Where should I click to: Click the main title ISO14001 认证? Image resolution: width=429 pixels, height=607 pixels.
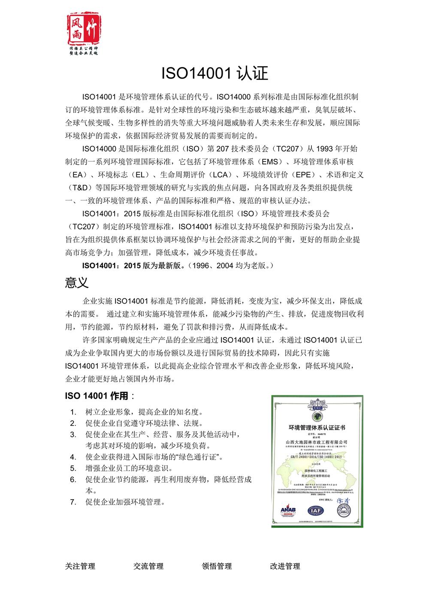point(214,73)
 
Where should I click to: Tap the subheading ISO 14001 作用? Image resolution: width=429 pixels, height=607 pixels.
point(97,395)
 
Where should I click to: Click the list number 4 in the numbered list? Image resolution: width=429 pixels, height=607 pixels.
point(73,457)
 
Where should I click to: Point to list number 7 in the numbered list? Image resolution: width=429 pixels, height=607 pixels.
point(73,502)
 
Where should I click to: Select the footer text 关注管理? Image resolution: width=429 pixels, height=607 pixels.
point(80,566)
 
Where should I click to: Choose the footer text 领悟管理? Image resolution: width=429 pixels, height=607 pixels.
point(217,566)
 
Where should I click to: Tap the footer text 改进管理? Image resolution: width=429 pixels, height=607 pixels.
point(285,566)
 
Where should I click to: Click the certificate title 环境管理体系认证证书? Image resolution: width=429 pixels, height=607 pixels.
point(317,428)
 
